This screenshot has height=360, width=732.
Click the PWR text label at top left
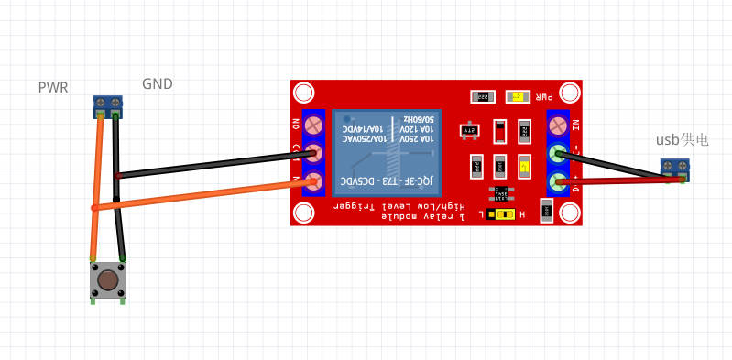[53, 88]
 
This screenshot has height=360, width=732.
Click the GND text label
[158, 84]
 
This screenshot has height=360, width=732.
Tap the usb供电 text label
[682, 140]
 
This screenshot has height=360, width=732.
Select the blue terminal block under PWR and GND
[108, 106]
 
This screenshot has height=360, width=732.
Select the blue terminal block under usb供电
[675, 168]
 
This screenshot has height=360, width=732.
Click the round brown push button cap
[108, 278]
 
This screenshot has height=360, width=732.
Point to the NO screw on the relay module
[314, 123]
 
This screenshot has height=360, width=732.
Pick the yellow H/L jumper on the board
[501, 214]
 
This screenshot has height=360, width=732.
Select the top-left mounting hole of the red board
[304, 93]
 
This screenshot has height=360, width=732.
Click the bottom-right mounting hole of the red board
[570, 213]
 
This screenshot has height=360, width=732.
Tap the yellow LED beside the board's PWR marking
[519, 96]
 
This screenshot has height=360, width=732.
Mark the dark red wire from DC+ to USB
[623, 180]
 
